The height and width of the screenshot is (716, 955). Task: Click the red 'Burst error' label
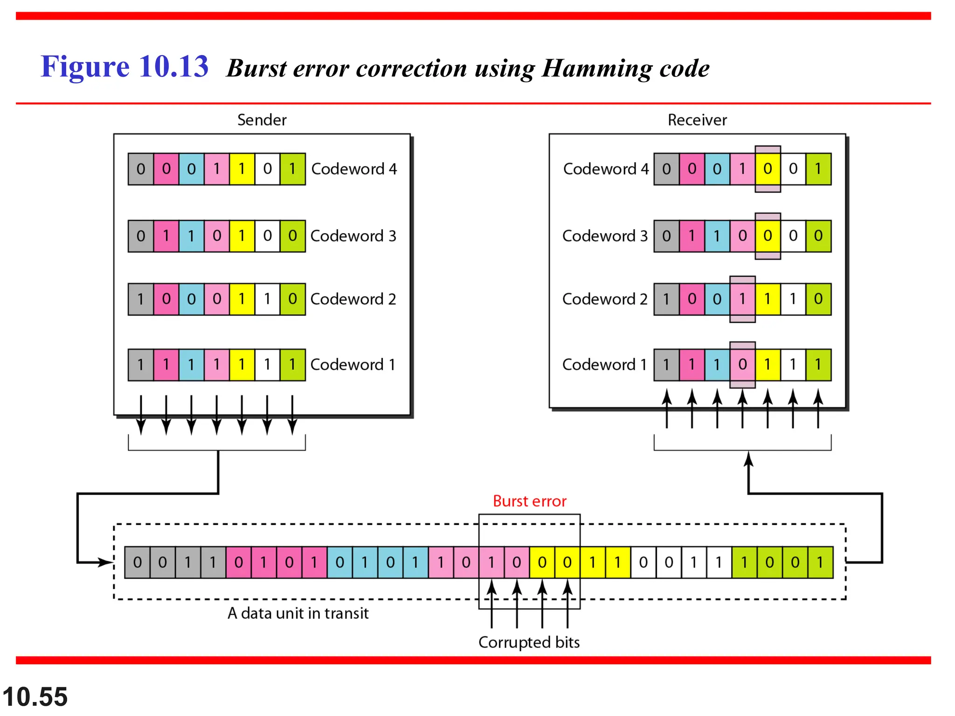point(529,501)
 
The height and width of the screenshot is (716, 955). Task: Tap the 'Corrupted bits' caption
point(529,642)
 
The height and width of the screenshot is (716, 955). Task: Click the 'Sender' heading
point(262,120)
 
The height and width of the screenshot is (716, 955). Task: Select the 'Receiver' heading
point(697,120)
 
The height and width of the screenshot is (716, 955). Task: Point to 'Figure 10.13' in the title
point(125,66)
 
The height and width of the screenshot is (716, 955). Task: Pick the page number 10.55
point(35,697)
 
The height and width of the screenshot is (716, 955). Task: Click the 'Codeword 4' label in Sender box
point(354,169)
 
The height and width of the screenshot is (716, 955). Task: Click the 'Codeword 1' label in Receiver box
point(604,365)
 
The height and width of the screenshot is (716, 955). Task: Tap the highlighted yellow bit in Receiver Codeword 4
point(768,169)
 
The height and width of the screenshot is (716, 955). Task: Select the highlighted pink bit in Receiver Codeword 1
point(742,365)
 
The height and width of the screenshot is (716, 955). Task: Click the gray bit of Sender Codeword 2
point(141,299)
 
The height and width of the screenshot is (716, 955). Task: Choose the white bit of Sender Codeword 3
point(267,236)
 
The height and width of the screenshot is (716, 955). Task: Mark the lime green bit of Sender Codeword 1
point(292,365)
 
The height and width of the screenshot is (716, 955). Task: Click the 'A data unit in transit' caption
point(298,613)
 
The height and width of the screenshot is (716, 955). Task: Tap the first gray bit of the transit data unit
point(137,563)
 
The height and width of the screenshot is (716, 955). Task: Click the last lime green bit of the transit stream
point(820,563)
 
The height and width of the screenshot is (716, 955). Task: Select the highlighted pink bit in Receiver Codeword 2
point(742,299)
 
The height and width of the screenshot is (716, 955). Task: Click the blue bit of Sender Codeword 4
point(191,169)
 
